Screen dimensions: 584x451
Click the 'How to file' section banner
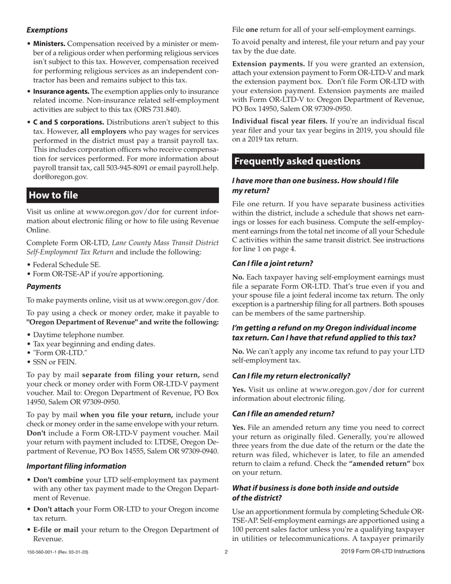122,195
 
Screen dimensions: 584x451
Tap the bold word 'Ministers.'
49,44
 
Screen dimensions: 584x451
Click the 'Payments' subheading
44,286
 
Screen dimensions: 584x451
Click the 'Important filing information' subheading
76,466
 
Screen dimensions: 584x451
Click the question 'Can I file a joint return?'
272,263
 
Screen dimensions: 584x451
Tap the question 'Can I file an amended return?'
283,414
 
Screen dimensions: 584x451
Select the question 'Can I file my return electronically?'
291,376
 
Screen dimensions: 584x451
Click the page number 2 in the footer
226,552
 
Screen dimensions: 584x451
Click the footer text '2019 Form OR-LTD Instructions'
383,552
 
